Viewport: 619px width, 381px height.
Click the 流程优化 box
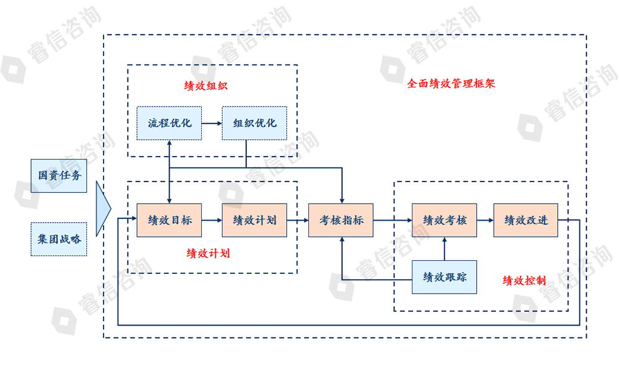point(170,123)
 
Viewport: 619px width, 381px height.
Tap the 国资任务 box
point(59,176)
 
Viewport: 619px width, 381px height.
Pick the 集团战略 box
point(59,239)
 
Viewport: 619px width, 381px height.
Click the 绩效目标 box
point(169,220)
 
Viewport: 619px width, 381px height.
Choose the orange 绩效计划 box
point(254,220)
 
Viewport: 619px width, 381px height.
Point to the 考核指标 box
point(340,220)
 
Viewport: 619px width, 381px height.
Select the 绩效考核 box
point(445,220)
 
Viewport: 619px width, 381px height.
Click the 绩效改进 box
point(526,220)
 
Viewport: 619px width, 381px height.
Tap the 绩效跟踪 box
point(445,277)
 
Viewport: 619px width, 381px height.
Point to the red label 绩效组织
point(206,86)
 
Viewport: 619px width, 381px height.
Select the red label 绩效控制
point(524,280)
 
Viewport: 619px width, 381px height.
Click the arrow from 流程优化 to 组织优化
point(211,123)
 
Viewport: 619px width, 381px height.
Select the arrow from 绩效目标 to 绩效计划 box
point(211,220)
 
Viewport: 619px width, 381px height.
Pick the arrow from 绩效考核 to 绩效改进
point(485,220)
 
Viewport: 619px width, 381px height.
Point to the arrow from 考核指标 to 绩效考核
point(392,220)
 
